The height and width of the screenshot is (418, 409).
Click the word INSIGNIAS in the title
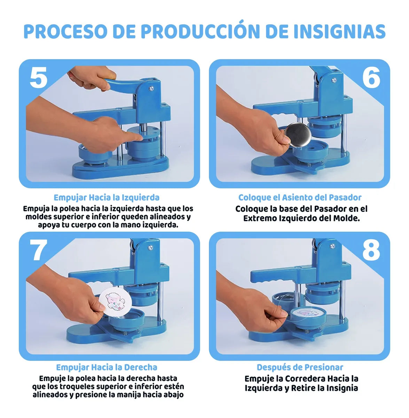[339, 31]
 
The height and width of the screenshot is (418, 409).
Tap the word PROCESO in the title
[65, 31]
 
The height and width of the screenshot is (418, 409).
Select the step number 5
[38, 78]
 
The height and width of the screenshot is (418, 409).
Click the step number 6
[371, 78]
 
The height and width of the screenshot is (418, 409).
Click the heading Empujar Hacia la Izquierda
[107, 198]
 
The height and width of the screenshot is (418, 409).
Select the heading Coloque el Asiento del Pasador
[300, 198]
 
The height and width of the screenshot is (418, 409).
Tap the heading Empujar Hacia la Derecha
[107, 367]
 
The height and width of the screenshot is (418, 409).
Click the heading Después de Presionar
[300, 367]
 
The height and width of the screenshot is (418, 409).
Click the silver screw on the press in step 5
[151, 88]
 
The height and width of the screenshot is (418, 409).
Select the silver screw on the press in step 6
[334, 80]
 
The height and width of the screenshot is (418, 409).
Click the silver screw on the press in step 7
[150, 248]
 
